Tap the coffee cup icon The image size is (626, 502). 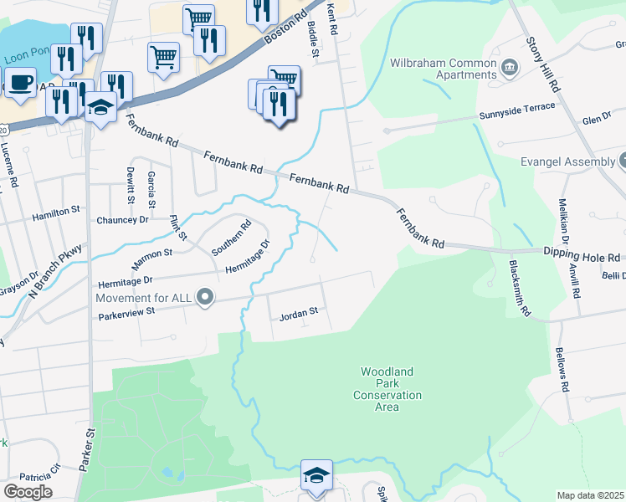[x=21, y=84]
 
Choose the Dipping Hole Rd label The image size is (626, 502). [x=579, y=258]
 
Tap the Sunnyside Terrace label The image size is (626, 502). [x=516, y=107]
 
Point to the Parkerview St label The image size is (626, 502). [x=127, y=312]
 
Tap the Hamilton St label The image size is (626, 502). [x=55, y=216]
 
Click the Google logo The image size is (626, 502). [x=28, y=492]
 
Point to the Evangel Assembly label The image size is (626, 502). [x=567, y=161]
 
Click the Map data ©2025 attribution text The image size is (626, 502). [x=591, y=495]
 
